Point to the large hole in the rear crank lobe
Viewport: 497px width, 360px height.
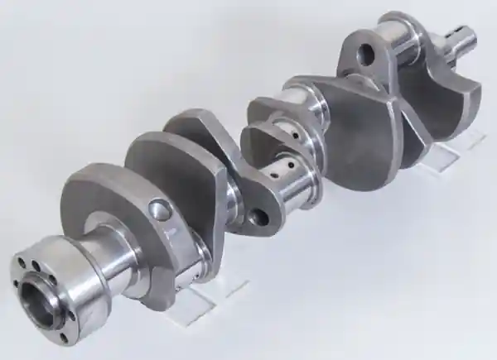click(x=365, y=55)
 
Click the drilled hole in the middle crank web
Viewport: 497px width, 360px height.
click(x=258, y=218)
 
